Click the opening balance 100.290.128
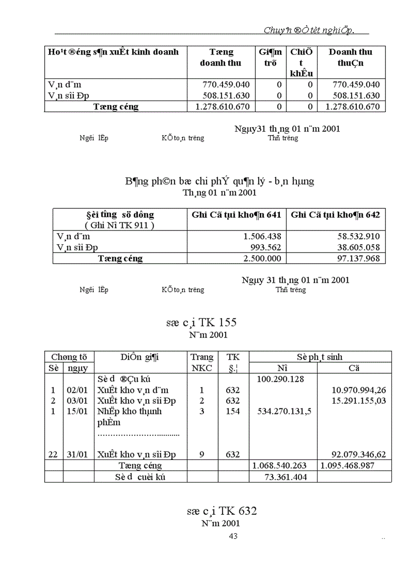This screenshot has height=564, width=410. pyautogui.click(x=280, y=379)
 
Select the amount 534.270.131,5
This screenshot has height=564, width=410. pyautogui.click(x=284, y=411)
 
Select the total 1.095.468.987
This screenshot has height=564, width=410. pyautogui.click(x=355, y=466)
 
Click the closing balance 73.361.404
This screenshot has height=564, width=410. pyautogui.click(x=285, y=477)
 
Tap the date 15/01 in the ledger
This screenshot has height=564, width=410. pyautogui.click(x=76, y=411)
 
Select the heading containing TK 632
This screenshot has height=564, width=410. pyautogui.click(x=222, y=511)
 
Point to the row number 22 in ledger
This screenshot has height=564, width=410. pyautogui.click(x=53, y=455)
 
